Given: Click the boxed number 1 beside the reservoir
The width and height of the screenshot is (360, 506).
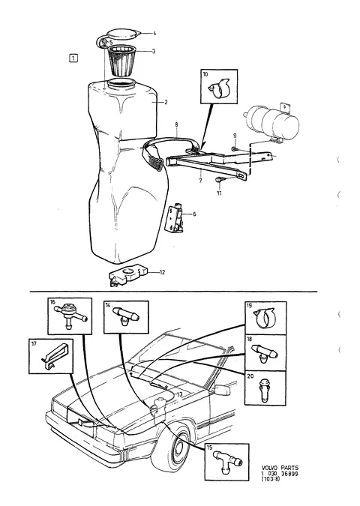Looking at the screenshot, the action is (x=73, y=58).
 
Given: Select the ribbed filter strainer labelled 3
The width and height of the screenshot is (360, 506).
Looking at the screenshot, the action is (x=122, y=61).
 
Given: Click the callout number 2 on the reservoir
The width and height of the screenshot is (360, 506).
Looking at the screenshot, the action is (x=166, y=103).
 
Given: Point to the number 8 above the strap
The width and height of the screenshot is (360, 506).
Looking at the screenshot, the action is (x=176, y=124).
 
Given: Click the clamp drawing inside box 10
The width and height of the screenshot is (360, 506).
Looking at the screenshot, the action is (x=219, y=88).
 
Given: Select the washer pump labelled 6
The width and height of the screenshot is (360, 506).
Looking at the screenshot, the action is (x=176, y=218).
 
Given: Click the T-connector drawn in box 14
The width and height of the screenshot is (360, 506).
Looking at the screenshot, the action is (x=125, y=316).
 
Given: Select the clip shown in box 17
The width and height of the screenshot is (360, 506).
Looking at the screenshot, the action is (x=55, y=355).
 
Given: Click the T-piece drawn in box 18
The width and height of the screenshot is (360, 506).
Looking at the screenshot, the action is (x=265, y=353).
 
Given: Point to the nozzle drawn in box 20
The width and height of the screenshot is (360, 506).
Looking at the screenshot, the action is (x=265, y=389).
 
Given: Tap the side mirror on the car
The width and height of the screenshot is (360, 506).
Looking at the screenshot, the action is (x=223, y=390).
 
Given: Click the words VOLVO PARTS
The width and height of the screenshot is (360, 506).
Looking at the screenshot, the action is (x=280, y=468).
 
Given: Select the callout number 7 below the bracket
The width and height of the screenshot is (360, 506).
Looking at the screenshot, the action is (x=200, y=181).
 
